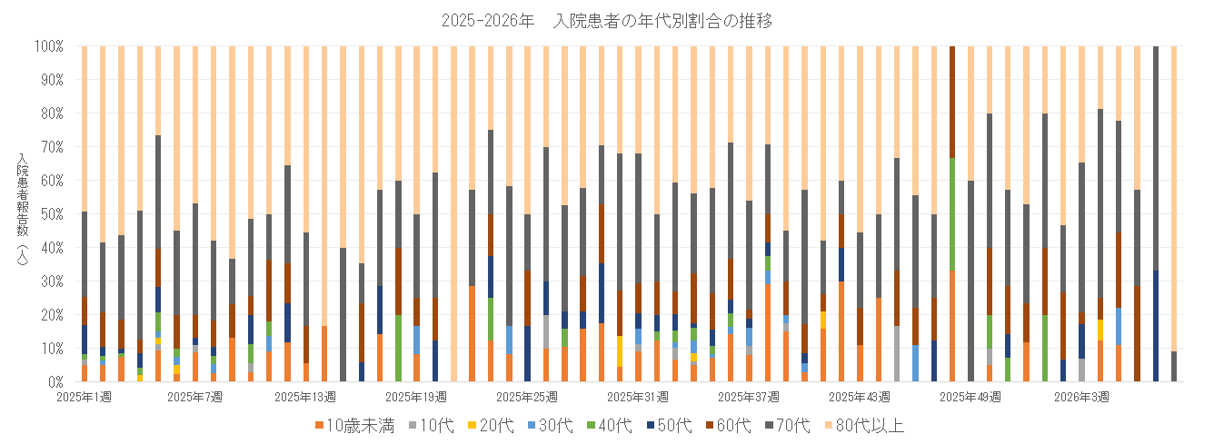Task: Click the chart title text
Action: click(x=606, y=21)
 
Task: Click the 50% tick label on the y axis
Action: click(x=50, y=214)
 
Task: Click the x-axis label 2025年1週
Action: click(x=84, y=397)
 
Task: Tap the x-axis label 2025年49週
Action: click(x=970, y=397)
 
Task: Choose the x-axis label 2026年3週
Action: click(x=1081, y=397)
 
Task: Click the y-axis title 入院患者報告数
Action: click(x=21, y=214)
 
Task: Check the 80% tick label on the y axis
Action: click(x=50, y=113)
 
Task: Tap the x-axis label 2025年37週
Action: click(x=749, y=397)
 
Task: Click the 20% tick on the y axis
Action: click(x=50, y=315)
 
